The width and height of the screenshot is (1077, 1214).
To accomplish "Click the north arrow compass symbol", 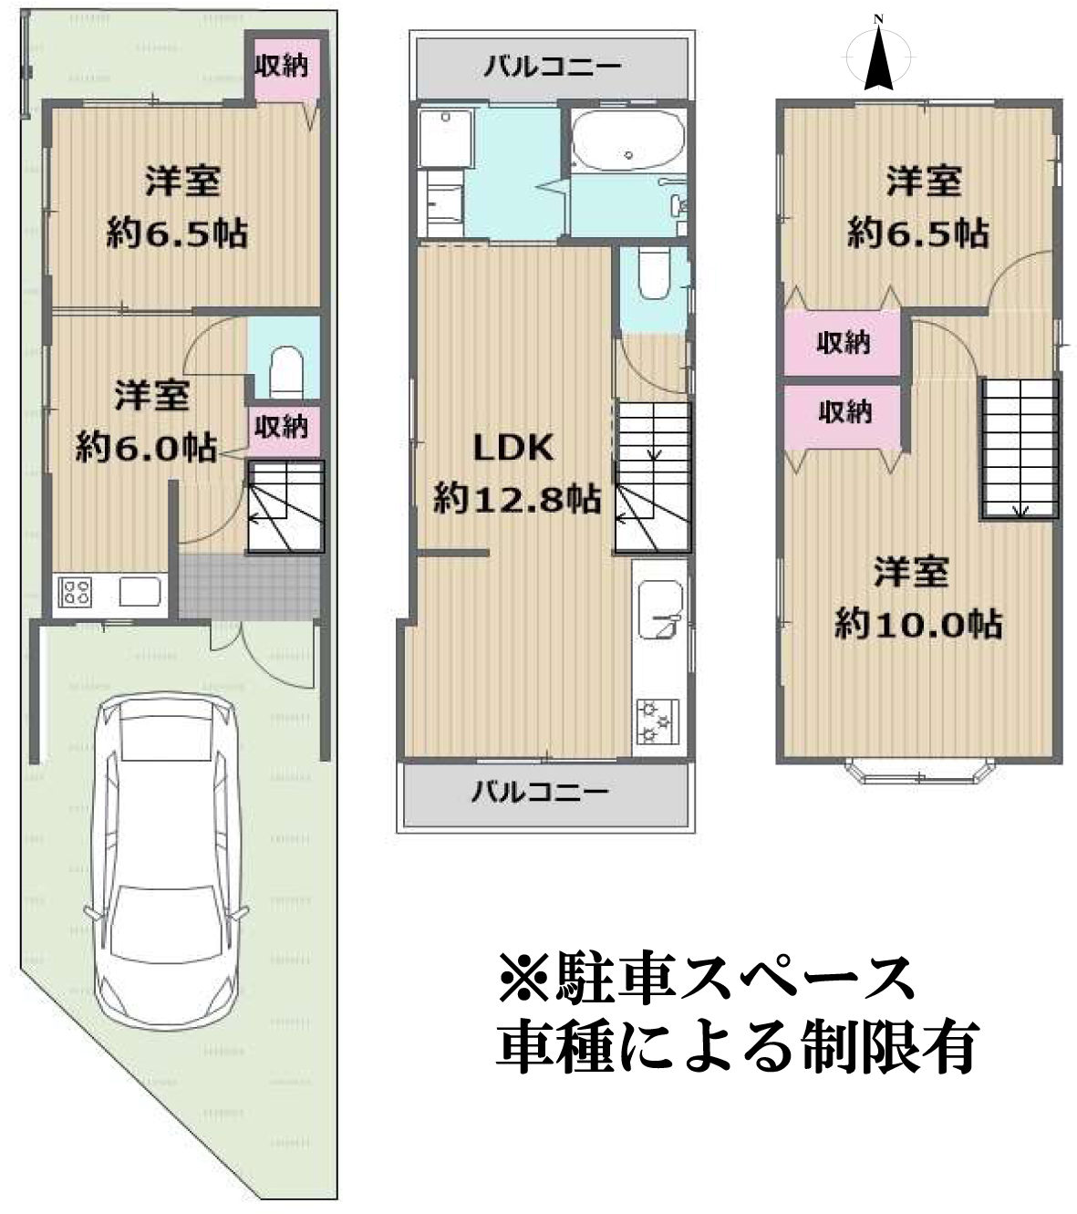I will point(878,55).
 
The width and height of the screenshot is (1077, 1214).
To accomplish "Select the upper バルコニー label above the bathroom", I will point(553,66).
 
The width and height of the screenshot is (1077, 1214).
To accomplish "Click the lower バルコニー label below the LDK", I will point(540,790).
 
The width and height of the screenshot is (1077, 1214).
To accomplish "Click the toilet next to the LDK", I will point(654,273).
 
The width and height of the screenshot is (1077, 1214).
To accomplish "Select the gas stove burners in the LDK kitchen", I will point(656,721).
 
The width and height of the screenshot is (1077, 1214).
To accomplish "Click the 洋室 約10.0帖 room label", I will point(916,598).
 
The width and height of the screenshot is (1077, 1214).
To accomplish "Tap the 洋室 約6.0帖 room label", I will point(149,421).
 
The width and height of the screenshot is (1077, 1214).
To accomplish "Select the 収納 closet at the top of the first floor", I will point(282,65).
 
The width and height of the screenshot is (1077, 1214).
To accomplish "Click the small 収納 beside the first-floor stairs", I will point(282,425).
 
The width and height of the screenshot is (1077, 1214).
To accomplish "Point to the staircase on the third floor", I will point(1020,448).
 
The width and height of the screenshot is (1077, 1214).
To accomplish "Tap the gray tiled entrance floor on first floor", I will point(248,586).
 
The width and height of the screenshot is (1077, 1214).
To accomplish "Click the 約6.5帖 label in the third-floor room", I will point(917,233).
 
